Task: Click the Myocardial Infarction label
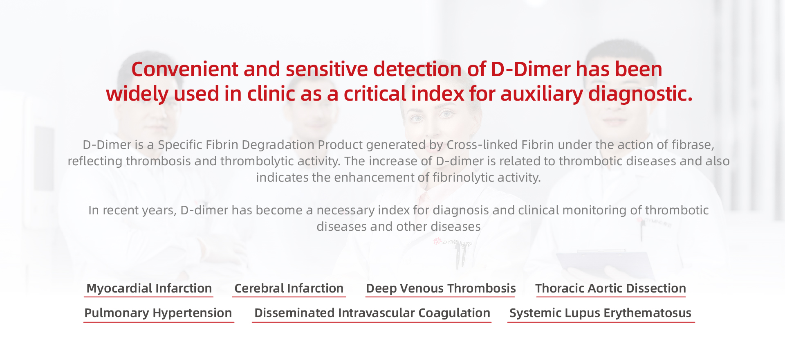coord(149,288)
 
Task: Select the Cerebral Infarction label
coord(289,288)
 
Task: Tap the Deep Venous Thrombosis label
coord(441,288)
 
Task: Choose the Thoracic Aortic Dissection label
coord(610,288)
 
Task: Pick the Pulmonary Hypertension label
coord(158,313)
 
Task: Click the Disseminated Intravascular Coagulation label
coord(372,313)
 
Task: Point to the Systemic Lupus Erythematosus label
coord(600,313)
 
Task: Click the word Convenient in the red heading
coord(185,69)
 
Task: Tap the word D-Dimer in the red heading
coord(530,69)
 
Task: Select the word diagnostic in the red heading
coord(640,94)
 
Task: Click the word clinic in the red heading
coord(271,94)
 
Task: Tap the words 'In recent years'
coord(132,210)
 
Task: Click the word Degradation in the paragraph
coord(278,145)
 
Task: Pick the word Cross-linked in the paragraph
coord(482,145)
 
